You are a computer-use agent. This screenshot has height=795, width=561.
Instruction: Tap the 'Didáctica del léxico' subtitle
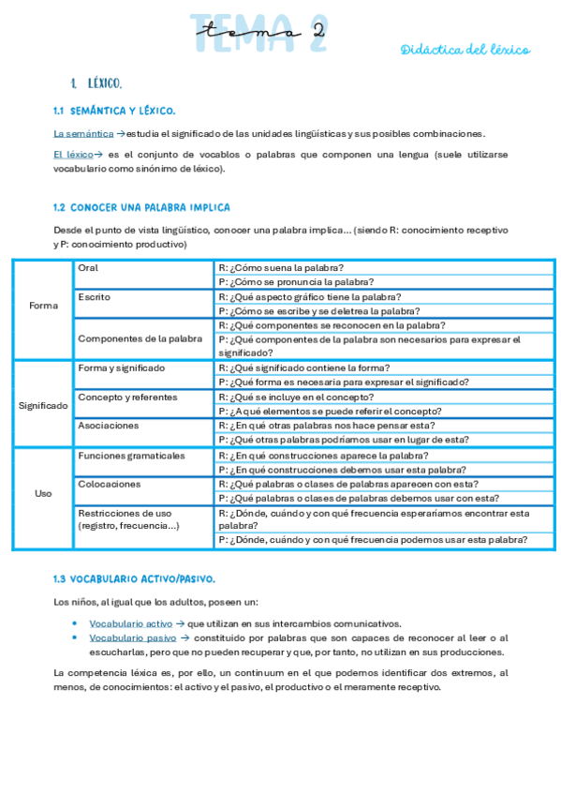tap(465, 50)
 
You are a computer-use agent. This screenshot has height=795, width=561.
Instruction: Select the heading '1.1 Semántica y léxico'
tap(114, 111)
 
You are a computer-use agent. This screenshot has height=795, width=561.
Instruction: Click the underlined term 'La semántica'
tap(83, 133)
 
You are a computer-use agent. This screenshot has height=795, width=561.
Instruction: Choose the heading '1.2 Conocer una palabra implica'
tap(141, 207)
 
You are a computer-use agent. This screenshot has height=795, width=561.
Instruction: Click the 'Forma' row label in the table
tap(43, 306)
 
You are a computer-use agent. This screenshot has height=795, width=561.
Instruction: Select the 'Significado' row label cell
tap(43, 405)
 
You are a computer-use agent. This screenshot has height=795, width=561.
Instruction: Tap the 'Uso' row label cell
tap(43, 493)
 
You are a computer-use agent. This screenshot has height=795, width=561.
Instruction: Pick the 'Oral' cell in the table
tap(88, 268)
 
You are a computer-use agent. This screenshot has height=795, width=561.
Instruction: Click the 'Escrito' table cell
tap(94, 297)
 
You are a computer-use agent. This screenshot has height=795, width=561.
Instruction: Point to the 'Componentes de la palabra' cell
tap(140, 338)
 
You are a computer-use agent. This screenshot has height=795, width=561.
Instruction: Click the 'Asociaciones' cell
tap(109, 426)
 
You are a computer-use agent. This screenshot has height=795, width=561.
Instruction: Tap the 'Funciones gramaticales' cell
tap(131, 456)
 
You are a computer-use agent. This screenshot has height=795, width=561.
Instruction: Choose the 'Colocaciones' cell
tap(110, 485)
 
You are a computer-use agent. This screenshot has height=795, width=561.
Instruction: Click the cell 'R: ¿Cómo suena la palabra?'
tap(280, 268)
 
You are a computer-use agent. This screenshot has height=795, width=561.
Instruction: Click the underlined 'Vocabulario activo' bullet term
tap(130, 623)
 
